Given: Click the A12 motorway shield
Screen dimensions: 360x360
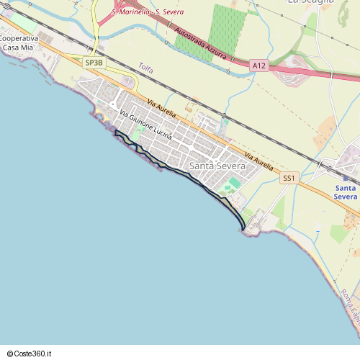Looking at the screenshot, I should [x=259, y=66].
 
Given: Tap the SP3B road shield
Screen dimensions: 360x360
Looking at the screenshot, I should [x=94, y=63].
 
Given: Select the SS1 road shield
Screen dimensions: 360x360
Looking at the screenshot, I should [x=289, y=177].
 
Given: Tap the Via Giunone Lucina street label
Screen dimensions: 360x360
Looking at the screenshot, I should [x=146, y=124].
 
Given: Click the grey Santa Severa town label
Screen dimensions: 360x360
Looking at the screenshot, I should [x=217, y=166].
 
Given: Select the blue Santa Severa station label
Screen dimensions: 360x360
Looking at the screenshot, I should [x=346, y=192].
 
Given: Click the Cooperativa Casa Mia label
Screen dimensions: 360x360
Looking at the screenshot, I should [x=19, y=42].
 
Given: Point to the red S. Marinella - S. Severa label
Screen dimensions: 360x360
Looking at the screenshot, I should [x=147, y=12].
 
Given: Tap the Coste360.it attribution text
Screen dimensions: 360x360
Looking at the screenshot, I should [x=29, y=354].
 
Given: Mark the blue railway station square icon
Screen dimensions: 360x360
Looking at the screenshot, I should [x=346, y=178].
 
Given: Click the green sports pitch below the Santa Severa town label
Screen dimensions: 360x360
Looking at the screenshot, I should [x=233, y=184].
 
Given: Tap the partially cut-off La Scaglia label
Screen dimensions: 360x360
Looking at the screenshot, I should [x=310, y=2].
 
